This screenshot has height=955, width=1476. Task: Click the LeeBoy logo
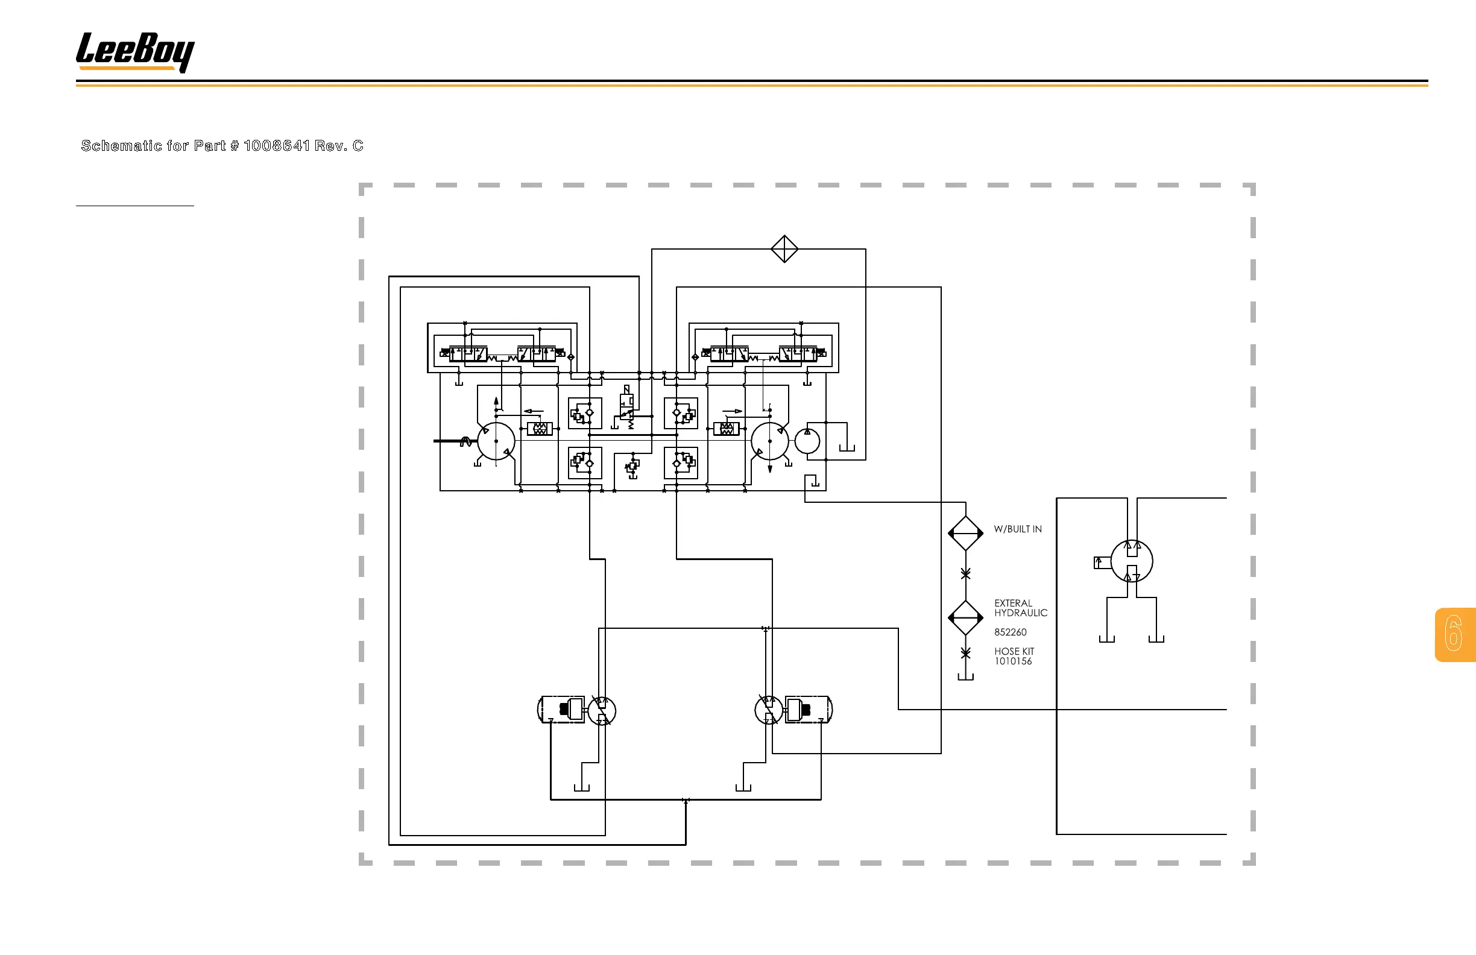[135, 52]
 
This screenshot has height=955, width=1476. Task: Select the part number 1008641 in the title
[277, 146]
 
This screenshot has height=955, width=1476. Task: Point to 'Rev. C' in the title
[339, 146]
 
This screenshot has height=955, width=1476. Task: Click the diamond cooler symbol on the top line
[784, 248]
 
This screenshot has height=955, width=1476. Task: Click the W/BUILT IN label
[1017, 529]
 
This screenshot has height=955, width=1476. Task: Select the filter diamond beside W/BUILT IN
[965, 533]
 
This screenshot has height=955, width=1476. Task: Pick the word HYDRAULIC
[1021, 613]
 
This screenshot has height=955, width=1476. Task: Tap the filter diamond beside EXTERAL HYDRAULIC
[965, 617]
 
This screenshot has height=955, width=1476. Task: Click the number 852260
[1011, 632]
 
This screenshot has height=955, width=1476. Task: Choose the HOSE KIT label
[1014, 651]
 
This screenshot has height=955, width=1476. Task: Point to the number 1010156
[1013, 661]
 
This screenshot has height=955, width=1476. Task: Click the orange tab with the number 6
[1455, 634]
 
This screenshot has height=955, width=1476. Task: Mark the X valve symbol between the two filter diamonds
[965, 574]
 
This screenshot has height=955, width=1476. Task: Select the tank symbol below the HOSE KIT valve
[965, 676]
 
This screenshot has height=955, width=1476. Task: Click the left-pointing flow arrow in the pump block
[534, 411]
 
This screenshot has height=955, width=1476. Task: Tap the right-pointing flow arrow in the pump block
[733, 411]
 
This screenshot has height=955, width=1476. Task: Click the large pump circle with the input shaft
[496, 441]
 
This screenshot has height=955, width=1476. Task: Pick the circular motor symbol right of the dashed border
[1131, 561]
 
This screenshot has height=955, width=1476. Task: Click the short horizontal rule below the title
[134, 205]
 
